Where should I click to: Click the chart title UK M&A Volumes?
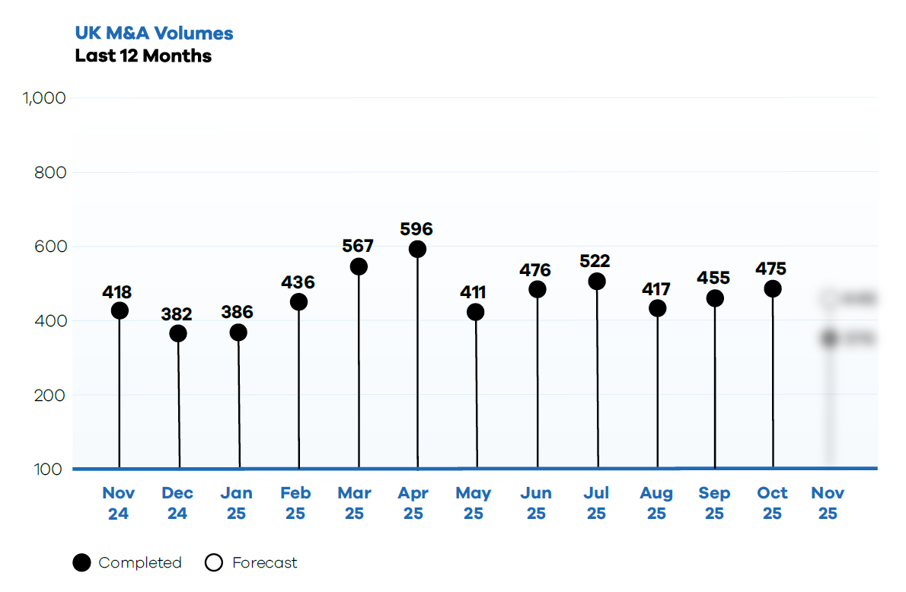154,33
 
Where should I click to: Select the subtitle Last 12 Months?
143,56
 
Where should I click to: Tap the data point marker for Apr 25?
417,249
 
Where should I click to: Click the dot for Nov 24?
120,310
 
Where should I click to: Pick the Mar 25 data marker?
359,266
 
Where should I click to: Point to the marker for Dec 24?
178,333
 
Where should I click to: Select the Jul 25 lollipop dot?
597,282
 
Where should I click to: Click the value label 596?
416,229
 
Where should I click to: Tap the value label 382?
177,314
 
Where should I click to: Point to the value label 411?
472,293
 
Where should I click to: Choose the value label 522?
595,262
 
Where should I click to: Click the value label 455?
713,278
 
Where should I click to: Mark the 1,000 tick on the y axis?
45,98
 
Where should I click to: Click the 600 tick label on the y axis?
50,247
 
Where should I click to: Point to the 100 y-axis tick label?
49,469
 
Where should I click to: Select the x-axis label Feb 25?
295,503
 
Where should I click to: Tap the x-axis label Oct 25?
772,503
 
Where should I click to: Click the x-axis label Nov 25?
828,503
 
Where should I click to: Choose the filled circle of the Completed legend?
81,563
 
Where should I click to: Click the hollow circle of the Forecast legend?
214,563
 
